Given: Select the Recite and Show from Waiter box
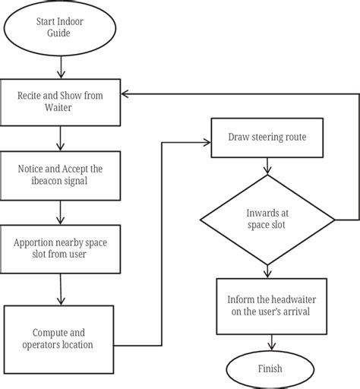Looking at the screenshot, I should point(60,103).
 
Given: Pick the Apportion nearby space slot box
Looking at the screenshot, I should point(60,248).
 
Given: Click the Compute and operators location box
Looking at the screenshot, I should point(62,338).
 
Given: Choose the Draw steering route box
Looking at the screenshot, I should point(265,138).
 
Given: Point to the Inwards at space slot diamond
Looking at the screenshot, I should point(265,220).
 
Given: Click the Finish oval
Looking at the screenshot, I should point(265,368).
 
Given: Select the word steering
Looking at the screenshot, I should point(264,138).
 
